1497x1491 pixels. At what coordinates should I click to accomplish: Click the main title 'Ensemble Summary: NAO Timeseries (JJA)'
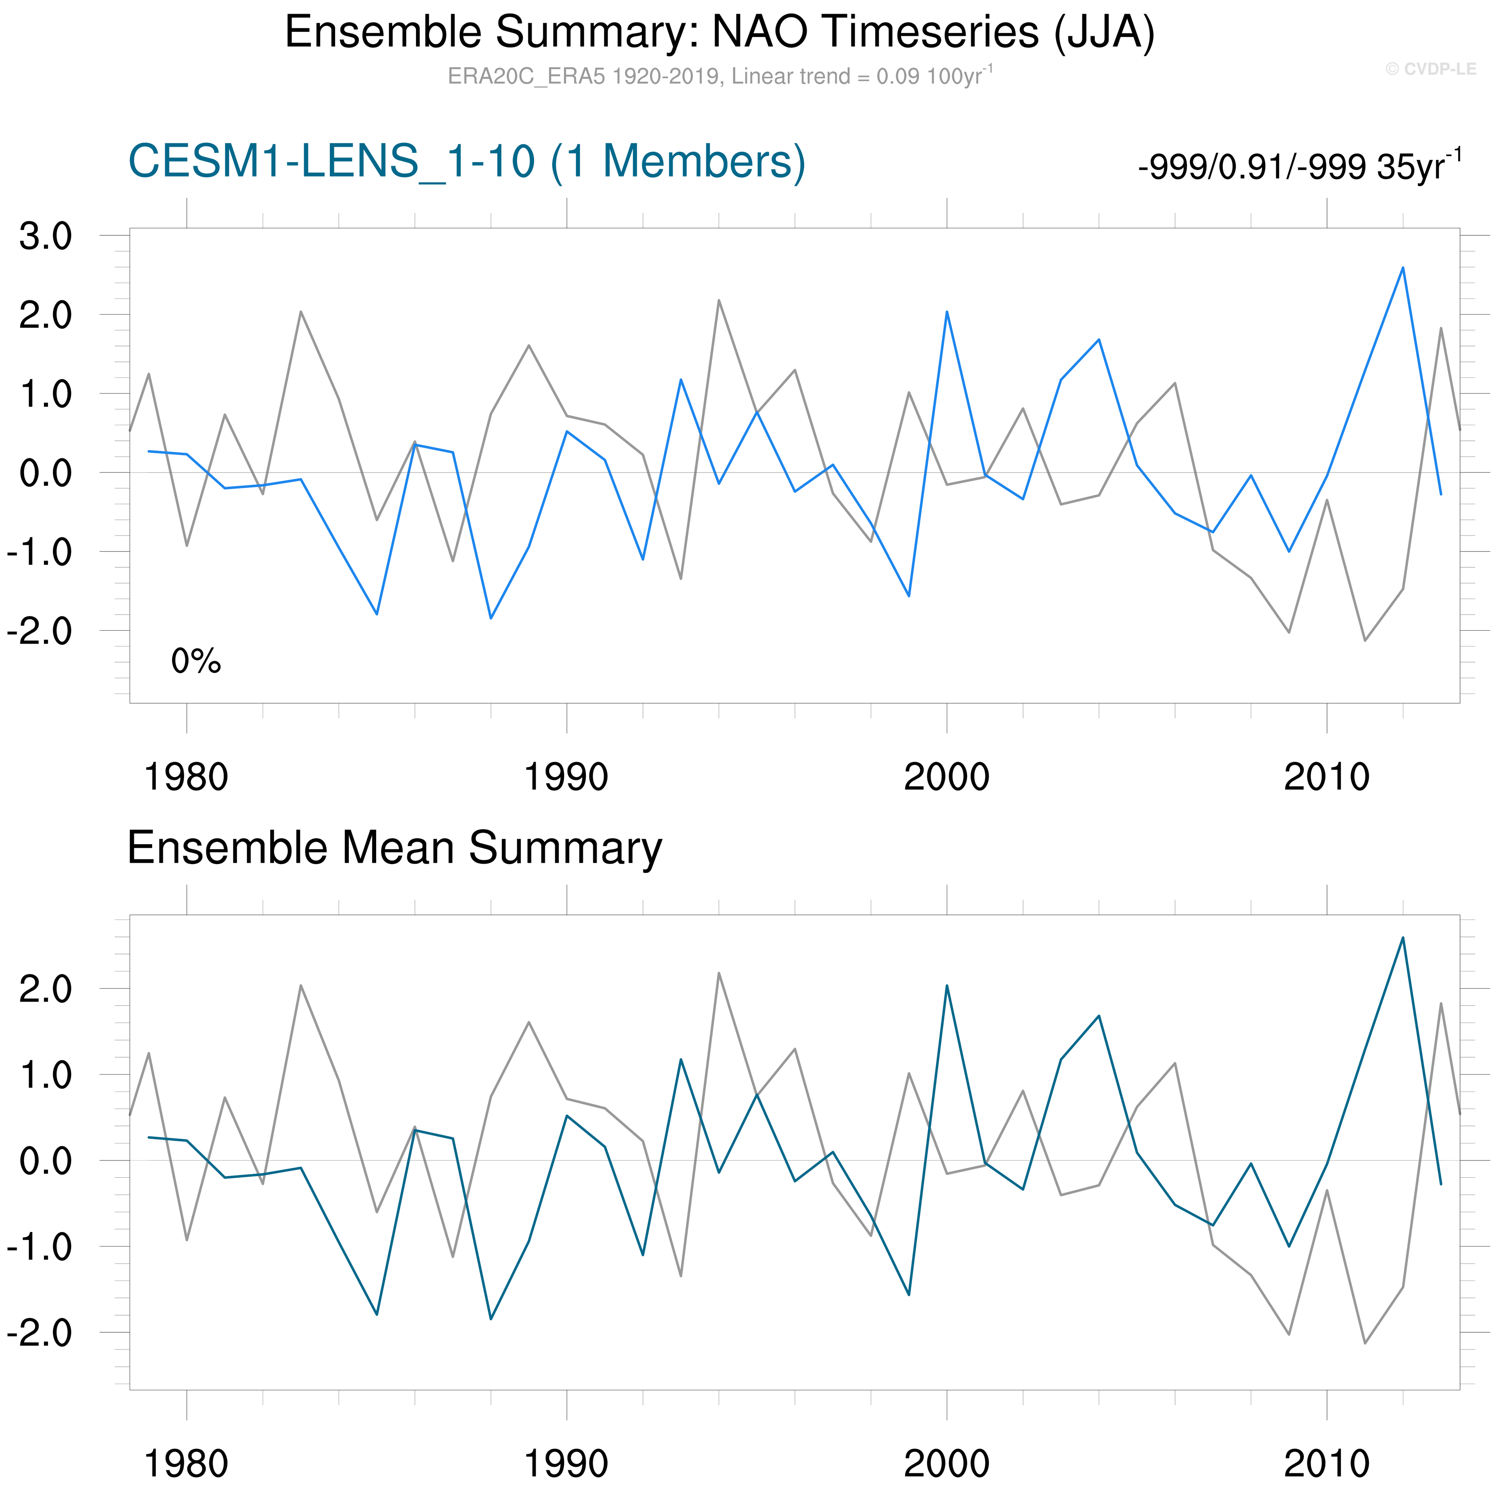pos(720,33)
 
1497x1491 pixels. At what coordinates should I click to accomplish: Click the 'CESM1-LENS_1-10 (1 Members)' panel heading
pos(467,162)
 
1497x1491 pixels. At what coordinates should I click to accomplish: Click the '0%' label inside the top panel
pos(196,661)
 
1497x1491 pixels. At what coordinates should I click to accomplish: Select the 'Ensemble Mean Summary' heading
pos(394,848)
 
